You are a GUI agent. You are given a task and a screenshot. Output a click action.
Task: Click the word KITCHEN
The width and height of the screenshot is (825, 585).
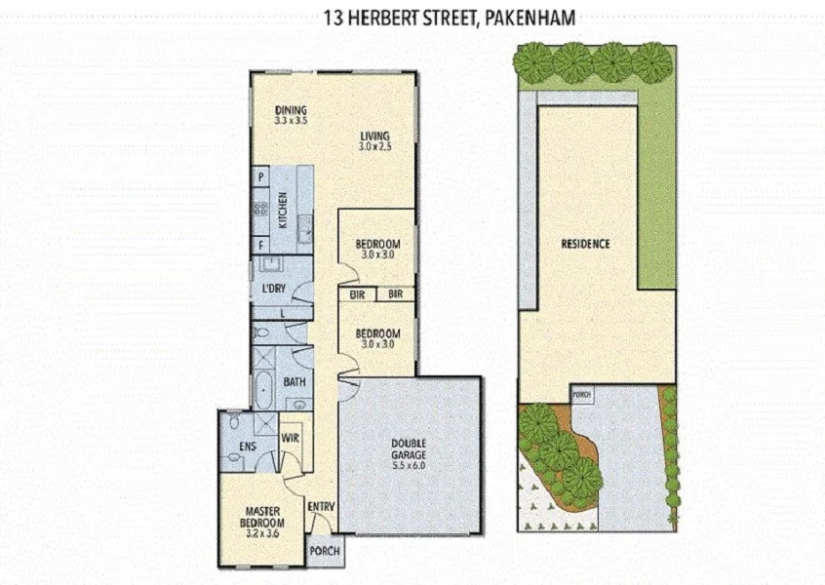click(x=283, y=209)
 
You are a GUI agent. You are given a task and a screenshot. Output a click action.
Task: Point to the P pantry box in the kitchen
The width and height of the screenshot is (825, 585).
click(x=261, y=177)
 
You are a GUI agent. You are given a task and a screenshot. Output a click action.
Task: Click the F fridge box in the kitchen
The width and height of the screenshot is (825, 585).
click(x=261, y=244)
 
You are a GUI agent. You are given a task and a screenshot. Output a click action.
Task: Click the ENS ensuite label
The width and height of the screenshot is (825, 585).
click(x=247, y=448)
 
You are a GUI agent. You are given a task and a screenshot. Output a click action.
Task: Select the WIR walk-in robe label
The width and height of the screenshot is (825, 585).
click(x=290, y=439)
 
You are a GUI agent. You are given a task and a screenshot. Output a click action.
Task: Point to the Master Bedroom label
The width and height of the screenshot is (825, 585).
click(x=263, y=516)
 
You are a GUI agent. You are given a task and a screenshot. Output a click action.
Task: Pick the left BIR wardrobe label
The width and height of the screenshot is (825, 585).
click(x=357, y=293)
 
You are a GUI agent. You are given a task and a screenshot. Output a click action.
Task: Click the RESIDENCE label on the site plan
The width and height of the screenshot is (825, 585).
click(x=585, y=244)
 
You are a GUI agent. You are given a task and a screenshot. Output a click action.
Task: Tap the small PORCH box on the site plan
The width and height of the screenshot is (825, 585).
click(x=582, y=395)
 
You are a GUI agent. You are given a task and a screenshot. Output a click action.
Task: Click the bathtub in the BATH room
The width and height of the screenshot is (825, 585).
click(x=264, y=387)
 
